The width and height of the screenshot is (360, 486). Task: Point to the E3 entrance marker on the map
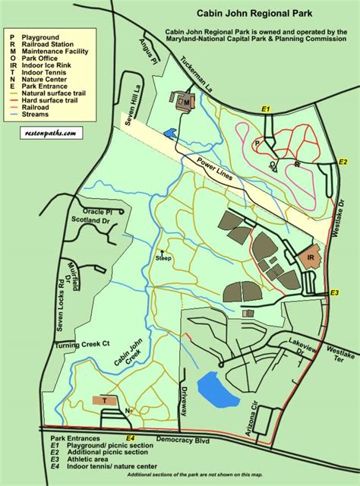(336, 293)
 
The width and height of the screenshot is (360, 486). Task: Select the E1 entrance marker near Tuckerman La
(266, 111)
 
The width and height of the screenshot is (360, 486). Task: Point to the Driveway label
(183, 396)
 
